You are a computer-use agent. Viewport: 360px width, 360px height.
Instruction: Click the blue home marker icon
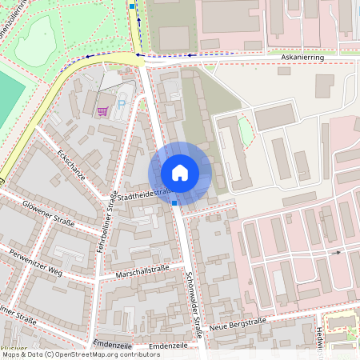[180, 173]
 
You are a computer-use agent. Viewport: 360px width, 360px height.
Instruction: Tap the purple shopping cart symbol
[102, 111]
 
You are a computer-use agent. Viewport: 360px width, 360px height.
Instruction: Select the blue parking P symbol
[122, 104]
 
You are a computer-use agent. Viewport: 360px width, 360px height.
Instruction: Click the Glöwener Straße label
[48, 214]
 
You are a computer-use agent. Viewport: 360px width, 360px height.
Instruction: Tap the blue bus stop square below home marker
[174, 203]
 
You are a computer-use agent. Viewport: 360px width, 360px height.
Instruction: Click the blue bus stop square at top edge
[132, 5]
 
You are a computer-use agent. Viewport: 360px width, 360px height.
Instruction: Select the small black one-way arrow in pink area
[338, 252]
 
